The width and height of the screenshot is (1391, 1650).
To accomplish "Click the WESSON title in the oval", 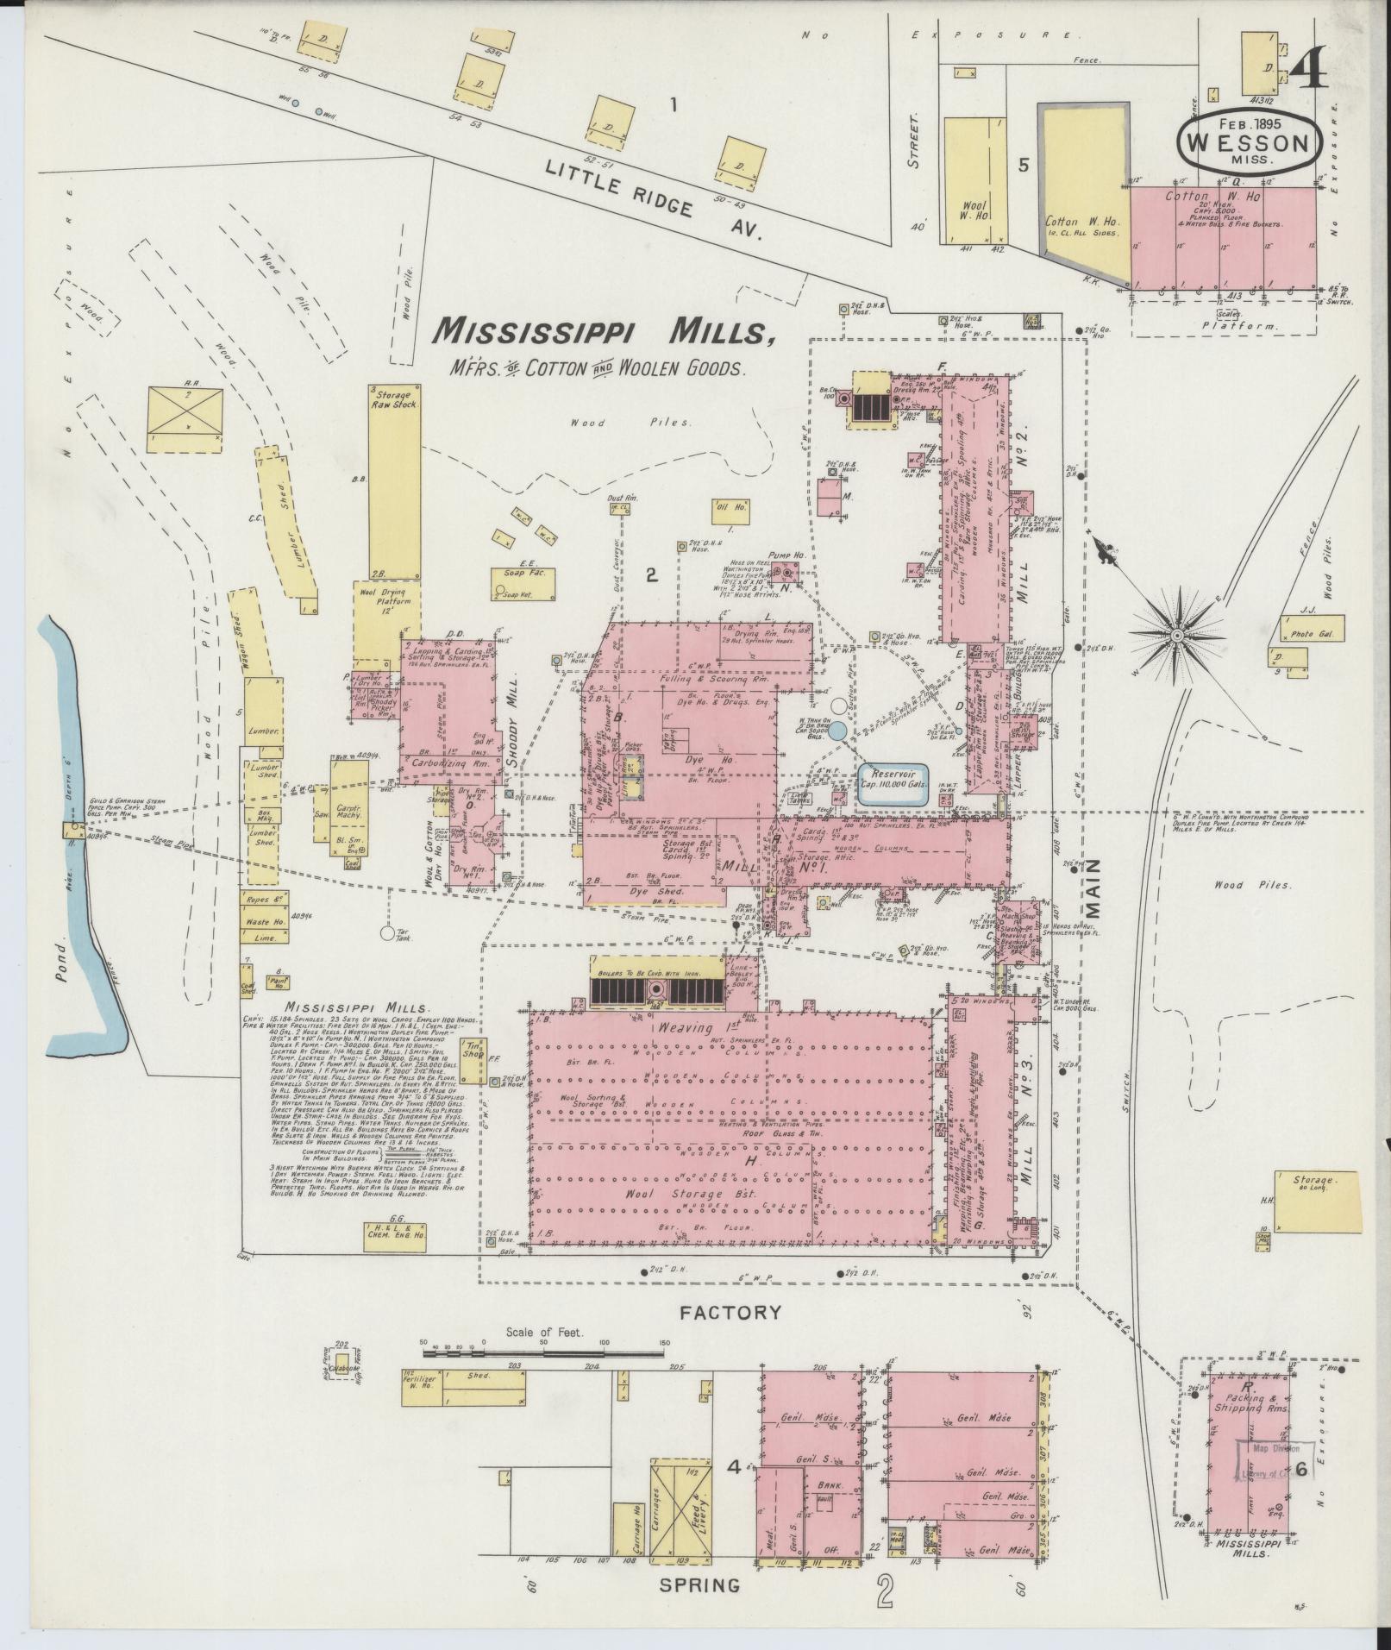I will (1248, 142).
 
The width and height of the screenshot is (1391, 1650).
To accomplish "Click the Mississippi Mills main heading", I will (602, 330).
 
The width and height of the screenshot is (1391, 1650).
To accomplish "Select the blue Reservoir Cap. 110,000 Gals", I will (892, 784).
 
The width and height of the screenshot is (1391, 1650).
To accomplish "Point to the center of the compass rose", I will (1176, 636).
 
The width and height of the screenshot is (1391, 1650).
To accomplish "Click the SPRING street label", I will (699, 1609).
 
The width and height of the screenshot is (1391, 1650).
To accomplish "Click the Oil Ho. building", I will (730, 511).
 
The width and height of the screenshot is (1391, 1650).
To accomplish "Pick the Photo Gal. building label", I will (1307, 634).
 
